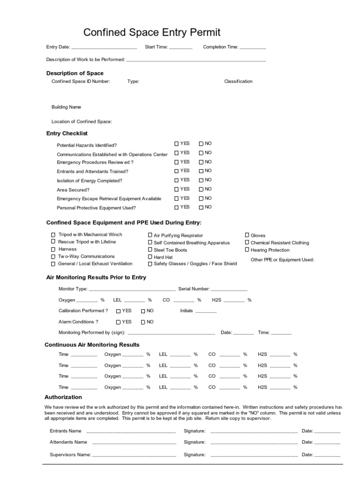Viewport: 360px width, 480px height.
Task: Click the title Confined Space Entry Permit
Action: [152, 32]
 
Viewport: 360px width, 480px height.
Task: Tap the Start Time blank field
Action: [180, 47]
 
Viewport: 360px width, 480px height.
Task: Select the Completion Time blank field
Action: [253, 47]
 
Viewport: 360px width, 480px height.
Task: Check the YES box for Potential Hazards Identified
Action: [177, 144]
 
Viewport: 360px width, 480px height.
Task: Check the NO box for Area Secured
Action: [201, 189]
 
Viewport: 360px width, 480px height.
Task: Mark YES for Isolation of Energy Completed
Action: [177, 180]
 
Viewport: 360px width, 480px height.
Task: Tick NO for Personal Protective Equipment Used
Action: [201, 207]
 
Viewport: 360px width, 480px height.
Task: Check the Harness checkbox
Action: [53, 249]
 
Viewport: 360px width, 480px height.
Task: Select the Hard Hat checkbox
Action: [150, 257]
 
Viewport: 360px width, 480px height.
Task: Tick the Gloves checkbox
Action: [247, 235]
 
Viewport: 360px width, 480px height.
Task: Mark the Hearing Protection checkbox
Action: [247, 250]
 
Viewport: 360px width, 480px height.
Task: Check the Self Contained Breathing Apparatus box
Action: [150, 242]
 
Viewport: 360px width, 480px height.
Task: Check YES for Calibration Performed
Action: [119, 311]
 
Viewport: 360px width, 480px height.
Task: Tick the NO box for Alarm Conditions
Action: [143, 322]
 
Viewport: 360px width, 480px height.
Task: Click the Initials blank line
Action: [206, 311]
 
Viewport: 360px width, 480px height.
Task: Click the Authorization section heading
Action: [63, 397]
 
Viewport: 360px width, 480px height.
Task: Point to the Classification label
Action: [238, 82]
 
